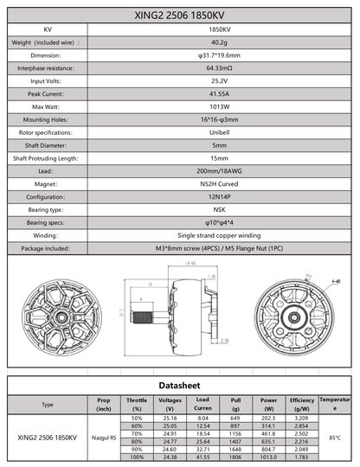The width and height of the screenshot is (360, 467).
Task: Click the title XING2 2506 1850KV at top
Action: point(180,15)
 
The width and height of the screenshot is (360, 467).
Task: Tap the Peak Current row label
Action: point(45,93)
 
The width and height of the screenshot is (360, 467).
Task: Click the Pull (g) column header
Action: point(235,404)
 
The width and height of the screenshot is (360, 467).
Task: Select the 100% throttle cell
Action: point(136,456)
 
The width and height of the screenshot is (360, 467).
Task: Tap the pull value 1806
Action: point(235,456)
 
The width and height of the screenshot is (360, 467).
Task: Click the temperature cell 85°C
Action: point(335,437)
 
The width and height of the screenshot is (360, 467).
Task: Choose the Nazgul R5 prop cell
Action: point(105,437)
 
